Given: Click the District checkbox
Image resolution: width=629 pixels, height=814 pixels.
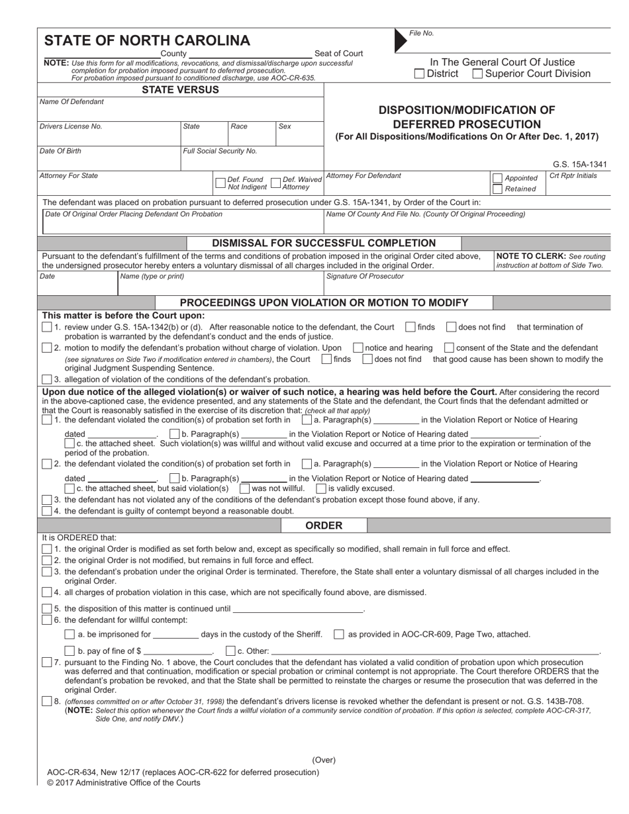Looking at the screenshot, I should coord(419,74).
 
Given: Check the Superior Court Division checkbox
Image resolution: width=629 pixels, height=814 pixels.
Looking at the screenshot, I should coord(477,74).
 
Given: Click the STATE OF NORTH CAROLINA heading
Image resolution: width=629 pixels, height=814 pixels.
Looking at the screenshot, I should coord(147,40).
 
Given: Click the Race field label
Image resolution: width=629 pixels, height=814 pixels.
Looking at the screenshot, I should coord(238,126).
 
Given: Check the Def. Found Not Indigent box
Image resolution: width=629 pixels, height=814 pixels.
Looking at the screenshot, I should coord(220,183).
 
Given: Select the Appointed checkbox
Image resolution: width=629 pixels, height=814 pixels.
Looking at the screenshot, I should coord(497,178).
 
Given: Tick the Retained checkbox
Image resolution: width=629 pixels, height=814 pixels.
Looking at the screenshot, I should coord(497,189).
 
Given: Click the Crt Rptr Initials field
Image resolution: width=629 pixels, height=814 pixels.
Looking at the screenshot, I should coord(578,185).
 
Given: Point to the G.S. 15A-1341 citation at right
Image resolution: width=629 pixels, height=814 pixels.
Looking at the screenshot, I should coord(579,165).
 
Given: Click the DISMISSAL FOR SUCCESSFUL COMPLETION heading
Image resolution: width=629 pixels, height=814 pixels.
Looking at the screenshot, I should coord(323,243).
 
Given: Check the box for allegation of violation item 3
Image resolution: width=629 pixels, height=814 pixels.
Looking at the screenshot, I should coord(46,379).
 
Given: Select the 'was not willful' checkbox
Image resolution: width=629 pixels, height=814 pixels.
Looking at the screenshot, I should coord(245,488).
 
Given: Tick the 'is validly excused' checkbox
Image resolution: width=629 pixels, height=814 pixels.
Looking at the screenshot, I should coord(321,488).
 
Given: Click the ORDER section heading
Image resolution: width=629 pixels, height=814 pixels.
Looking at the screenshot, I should coord(324,525).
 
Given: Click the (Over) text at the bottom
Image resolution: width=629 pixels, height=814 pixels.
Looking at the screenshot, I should coord(324,760).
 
